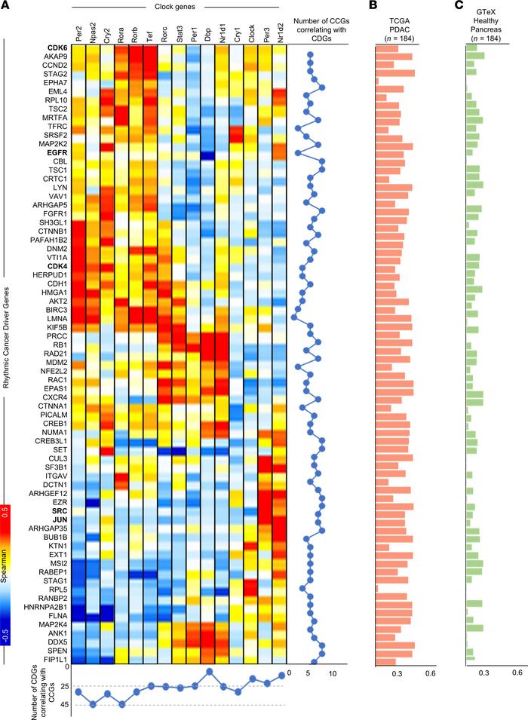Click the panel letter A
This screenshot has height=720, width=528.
[5, 5]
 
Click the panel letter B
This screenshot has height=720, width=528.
[371, 5]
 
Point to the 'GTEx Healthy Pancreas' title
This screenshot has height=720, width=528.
[490, 24]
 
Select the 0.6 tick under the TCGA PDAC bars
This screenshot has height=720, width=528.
[431, 673]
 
